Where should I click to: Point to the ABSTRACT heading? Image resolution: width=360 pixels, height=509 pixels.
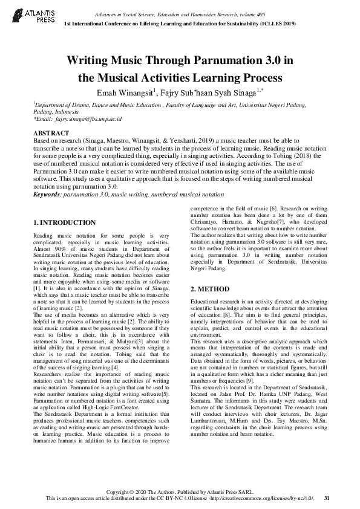[51, 132]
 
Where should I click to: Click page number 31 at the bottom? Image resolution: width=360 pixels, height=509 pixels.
[327, 498]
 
